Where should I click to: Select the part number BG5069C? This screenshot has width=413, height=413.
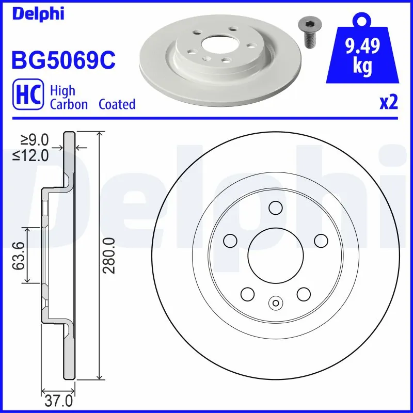63,61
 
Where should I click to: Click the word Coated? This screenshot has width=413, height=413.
117,104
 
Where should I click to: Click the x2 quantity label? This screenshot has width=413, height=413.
389,103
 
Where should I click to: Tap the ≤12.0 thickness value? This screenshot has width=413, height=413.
31,154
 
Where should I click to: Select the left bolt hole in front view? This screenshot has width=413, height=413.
230,241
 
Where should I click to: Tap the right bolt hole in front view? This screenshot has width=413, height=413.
321,241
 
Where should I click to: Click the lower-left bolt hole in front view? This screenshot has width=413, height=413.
247,294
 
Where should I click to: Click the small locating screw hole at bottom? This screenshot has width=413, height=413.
275,304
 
